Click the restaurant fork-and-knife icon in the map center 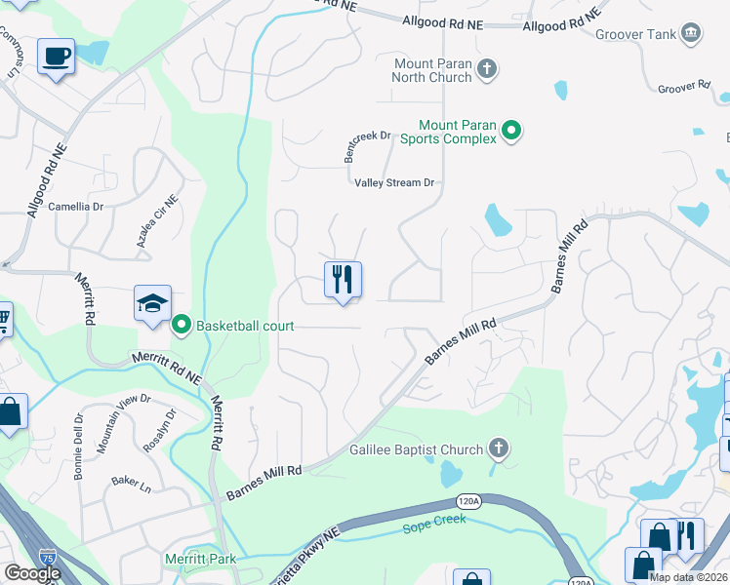(343, 280)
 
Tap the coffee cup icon (57, 56)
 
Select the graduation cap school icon (152, 304)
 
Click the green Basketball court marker (182, 326)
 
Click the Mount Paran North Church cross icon (487, 70)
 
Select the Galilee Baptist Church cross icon (498, 449)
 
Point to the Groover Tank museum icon (691, 34)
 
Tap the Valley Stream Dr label (393, 182)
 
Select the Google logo (32, 573)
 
